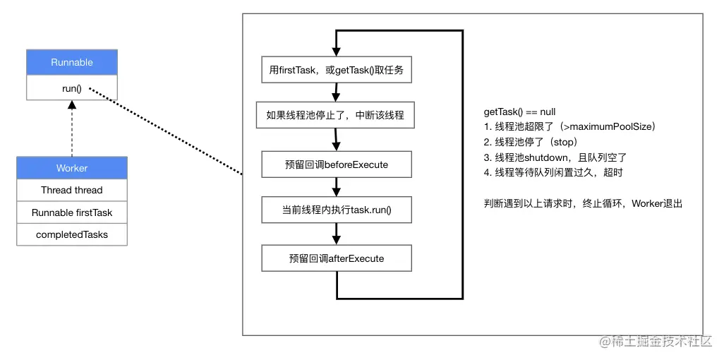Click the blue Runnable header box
coord(72,63)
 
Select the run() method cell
coord(72,88)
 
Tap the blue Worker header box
coord(72,168)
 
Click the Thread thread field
coord(72,191)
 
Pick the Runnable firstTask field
coord(72,212)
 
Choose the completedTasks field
coord(72,234)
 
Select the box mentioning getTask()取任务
coord(336,70)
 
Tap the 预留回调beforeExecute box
coord(337,164)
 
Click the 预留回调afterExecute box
coord(337,258)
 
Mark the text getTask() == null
coord(519,112)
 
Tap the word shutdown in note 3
coord(544,157)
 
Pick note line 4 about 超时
coord(553,173)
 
